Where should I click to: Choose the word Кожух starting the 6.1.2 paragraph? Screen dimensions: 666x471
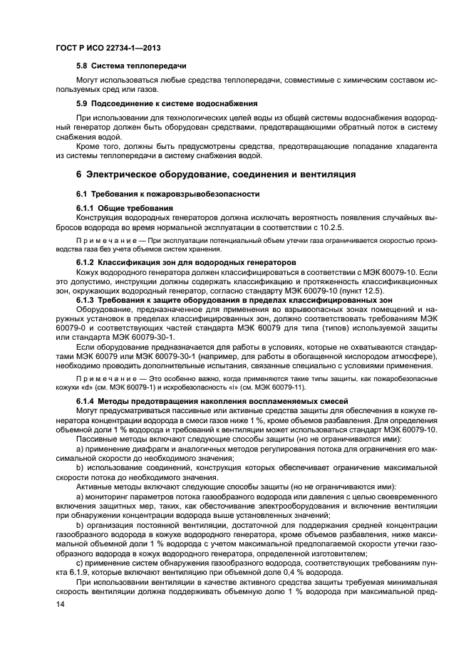click(88, 272)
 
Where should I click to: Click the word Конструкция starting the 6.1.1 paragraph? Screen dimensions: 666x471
click(101, 217)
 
